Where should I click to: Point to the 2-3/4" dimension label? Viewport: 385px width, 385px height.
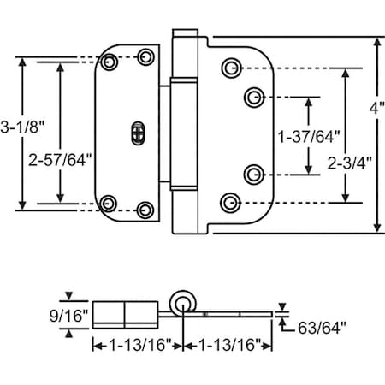[x=350, y=159]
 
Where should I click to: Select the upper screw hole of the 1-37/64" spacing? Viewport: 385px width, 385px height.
[x=252, y=95]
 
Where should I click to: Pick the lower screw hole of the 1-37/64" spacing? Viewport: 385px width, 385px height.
[x=252, y=175]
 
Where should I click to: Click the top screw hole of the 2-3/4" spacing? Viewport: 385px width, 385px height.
[x=229, y=68]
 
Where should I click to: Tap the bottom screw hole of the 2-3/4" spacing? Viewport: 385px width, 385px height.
[x=228, y=202]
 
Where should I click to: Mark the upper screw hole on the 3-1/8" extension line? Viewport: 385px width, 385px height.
[x=109, y=62]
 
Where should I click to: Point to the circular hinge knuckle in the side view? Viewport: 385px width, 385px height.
[x=181, y=302]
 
